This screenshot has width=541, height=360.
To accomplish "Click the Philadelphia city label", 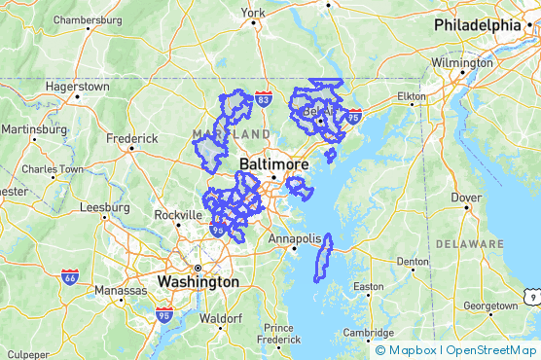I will (x=478, y=24).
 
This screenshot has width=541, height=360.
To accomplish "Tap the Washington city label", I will (x=198, y=281).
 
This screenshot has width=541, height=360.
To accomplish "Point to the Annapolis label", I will (x=295, y=238).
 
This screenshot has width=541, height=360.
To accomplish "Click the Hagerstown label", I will (x=77, y=86).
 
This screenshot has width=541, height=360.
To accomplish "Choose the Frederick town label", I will (x=131, y=138).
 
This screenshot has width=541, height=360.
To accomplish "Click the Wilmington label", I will (x=462, y=62).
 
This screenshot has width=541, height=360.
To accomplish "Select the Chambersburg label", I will (x=87, y=19).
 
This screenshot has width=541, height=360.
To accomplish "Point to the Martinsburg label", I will (x=33, y=128).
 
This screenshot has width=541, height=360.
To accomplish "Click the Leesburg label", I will (x=104, y=206).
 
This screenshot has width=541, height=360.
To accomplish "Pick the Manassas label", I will (x=119, y=290).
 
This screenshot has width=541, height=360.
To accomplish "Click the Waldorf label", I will (x=220, y=318).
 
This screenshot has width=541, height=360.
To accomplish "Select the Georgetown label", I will (x=489, y=306).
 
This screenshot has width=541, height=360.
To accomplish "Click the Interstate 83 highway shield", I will (x=263, y=99).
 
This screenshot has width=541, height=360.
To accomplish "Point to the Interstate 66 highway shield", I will (x=70, y=277).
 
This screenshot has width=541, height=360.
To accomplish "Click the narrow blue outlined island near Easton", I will (x=323, y=256).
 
